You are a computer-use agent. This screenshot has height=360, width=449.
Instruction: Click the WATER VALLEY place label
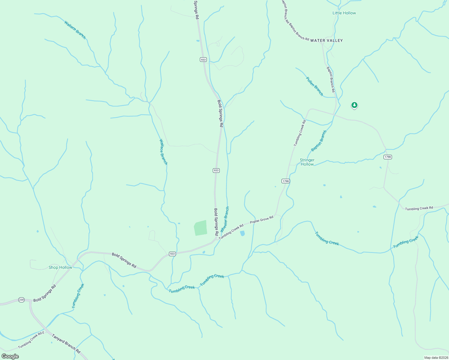coord(326,40)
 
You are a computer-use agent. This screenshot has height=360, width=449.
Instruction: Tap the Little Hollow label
coord(344,13)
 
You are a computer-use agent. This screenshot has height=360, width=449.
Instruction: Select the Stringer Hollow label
coord(307,162)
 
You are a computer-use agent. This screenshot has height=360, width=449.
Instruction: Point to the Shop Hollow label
coord(60,267)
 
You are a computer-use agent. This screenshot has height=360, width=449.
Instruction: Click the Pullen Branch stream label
coord(315,86)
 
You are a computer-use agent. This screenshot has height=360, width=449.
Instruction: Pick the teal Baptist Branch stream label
coord(319,141)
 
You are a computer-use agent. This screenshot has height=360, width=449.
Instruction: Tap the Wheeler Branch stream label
coord(225,219)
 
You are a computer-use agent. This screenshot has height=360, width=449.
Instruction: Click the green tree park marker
coord(354,105)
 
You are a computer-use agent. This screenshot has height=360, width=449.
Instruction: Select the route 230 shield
coord(21,300)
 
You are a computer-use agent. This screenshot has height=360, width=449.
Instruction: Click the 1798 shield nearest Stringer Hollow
coord(285,181)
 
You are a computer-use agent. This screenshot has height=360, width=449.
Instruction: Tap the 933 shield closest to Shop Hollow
coord(172,254)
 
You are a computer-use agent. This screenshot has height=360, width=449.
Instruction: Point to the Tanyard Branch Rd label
coord(66,343)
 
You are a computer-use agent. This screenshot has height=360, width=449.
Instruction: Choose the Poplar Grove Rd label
coord(261,219)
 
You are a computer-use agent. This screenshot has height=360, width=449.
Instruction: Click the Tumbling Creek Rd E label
coord(31,340)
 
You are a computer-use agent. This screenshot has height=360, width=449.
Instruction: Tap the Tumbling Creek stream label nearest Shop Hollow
coord(78,296)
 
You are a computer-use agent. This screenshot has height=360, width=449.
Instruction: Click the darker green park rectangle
coord(200,228)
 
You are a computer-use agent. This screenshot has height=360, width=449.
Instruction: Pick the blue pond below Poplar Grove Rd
coord(243,233)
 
